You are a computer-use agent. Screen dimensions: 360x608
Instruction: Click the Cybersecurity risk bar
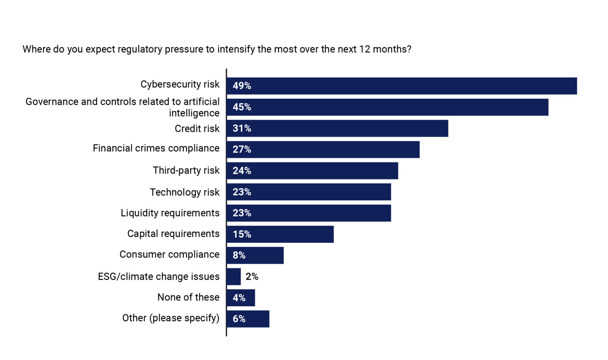tap(401, 86)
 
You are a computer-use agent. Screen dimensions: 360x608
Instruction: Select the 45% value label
tap(242, 107)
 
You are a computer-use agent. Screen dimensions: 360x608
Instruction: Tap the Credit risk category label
tap(197, 129)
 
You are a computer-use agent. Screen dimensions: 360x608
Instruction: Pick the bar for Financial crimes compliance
tap(323, 150)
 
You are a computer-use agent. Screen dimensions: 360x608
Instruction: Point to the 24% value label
tap(242, 171)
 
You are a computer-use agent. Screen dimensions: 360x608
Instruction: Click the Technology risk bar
tap(309, 192)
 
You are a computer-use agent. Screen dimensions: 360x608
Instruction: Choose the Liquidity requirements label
tap(170, 213)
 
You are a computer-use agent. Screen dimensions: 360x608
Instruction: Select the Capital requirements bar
tap(280, 234)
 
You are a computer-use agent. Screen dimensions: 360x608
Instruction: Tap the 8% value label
tap(239, 256)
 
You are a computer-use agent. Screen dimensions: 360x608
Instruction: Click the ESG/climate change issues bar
tap(234, 276)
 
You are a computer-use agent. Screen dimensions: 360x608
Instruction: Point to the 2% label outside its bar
tap(252, 276)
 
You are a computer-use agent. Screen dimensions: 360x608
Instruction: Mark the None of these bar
tap(241, 298)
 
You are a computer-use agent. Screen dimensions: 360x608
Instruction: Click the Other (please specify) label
tap(171, 318)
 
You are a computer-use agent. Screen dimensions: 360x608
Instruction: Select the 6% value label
tap(239, 319)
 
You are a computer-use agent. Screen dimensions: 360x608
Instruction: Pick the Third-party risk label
tap(186, 171)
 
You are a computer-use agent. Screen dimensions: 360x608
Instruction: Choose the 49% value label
tap(242, 86)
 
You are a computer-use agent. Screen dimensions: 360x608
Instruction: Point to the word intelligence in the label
tap(194, 113)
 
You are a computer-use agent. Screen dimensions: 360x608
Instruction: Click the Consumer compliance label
tap(169, 254)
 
